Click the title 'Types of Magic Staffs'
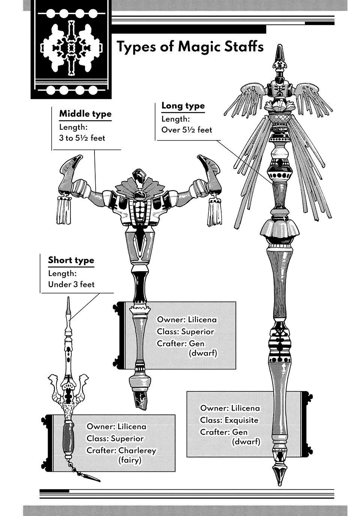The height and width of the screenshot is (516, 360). [x=190, y=47]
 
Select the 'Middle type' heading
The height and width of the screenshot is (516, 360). [x=85, y=114]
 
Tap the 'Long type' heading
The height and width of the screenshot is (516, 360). [x=183, y=106]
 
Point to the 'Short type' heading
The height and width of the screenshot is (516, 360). [x=71, y=260]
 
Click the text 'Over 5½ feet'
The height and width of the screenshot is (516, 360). [x=187, y=130]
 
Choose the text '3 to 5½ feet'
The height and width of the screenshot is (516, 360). [x=82, y=138]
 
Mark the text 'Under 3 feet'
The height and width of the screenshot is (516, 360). [x=71, y=284]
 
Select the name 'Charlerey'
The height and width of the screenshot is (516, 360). [x=137, y=450]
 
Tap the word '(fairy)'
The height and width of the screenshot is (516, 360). [x=130, y=460]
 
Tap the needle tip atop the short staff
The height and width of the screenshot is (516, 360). [x=68, y=304]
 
